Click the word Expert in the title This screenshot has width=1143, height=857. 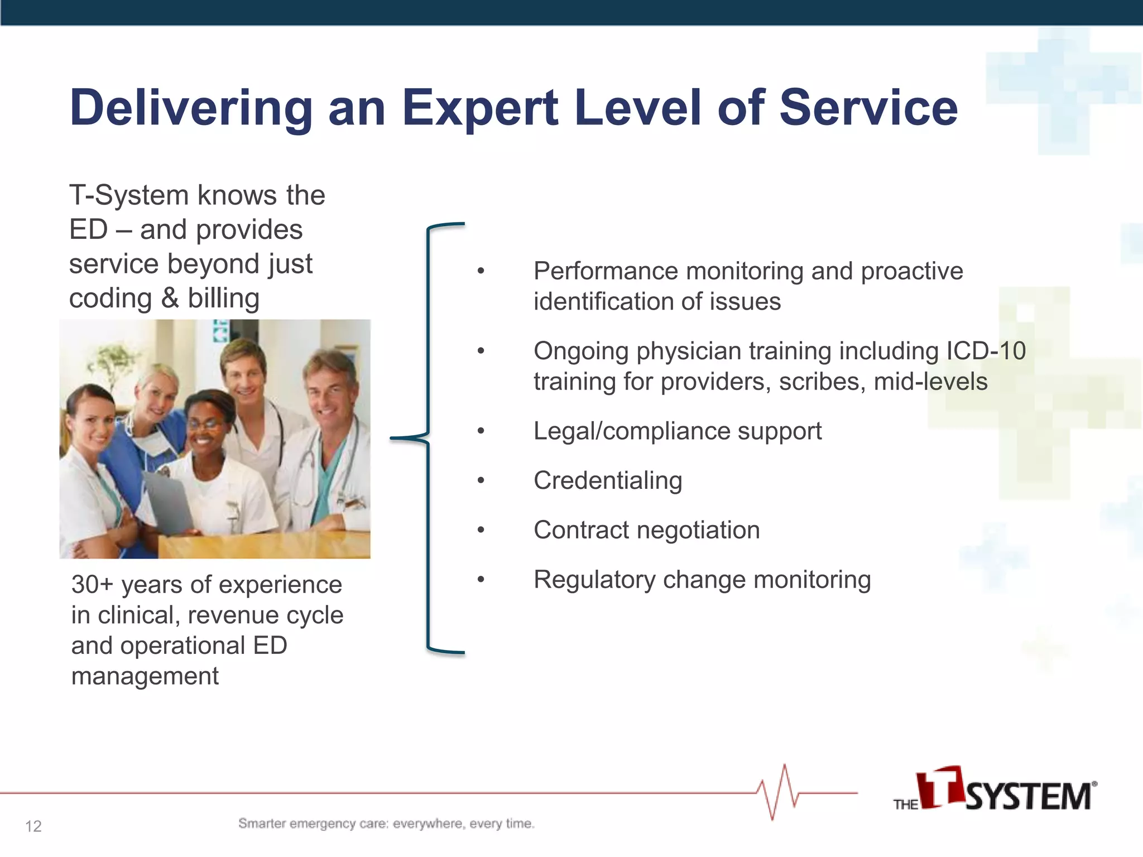pyautogui.click(x=480, y=109)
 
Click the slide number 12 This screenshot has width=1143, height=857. pyautogui.click(x=33, y=826)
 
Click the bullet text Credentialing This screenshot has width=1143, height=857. pyautogui.click(x=608, y=480)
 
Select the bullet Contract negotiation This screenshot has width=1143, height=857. pyautogui.click(x=646, y=530)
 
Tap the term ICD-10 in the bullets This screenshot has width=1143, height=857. pyautogui.click(x=986, y=351)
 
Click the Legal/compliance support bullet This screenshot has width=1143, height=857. pyautogui.click(x=677, y=431)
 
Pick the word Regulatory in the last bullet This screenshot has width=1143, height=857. pyautogui.click(x=595, y=580)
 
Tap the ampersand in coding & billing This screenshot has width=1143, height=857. pyautogui.click(x=170, y=298)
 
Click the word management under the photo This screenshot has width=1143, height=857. pyautogui.click(x=145, y=676)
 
